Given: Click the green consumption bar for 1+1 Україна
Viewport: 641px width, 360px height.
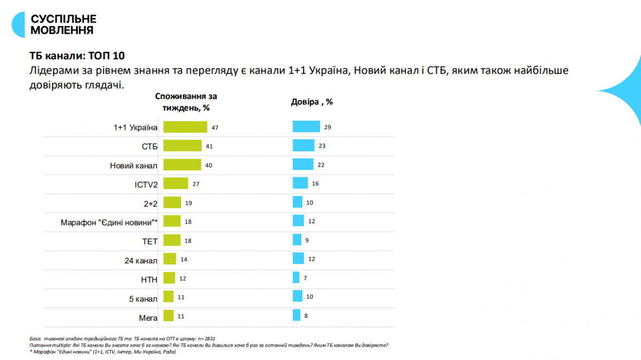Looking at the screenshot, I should click(185, 127).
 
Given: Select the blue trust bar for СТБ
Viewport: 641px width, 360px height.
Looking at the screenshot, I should click(303, 146).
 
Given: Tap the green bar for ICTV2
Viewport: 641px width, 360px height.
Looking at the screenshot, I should click(175, 183).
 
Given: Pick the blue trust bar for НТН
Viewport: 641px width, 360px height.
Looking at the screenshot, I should click(296, 278).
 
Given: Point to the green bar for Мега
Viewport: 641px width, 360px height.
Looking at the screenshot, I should click(168, 316).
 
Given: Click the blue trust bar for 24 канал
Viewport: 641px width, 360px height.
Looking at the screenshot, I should click(299, 259).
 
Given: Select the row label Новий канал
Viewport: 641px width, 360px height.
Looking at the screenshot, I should click(134, 166).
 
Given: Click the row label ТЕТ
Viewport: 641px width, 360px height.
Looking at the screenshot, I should click(150, 241).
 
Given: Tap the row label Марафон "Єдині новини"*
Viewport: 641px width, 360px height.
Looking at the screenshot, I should click(110, 222).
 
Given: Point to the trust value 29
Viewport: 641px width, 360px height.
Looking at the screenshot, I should click(327, 127).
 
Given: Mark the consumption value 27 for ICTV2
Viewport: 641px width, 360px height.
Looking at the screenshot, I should click(196, 184).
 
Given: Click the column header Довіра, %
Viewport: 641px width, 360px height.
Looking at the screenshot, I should click(311, 101).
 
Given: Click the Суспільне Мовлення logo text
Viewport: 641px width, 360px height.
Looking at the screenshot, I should click(63, 25).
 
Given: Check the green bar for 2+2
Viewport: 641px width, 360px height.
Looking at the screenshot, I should click(172, 202).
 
